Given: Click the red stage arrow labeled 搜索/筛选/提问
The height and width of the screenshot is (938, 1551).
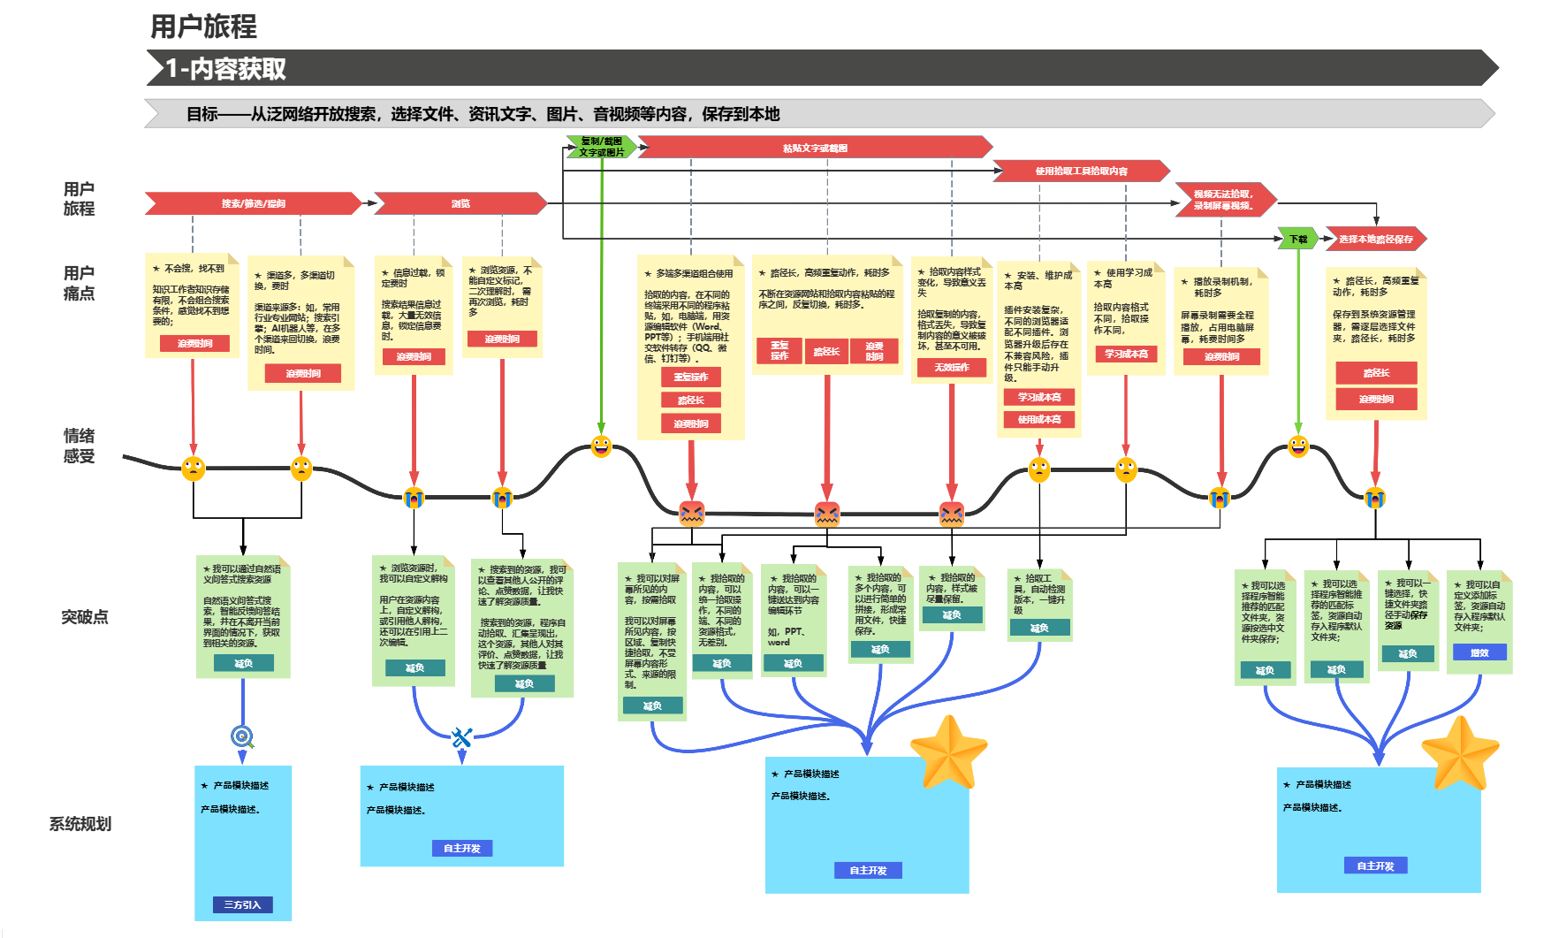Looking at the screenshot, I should pyautogui.click(x=253, y=203).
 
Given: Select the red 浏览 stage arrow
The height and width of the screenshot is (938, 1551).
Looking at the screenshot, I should pyautogui.click(x=460, y=203).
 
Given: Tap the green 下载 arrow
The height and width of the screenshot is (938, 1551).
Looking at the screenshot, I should pyautogui.click(x=1297, y=239).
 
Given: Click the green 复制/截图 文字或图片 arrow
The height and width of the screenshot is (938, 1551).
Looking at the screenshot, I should pyautogui.click(x=601, y=147).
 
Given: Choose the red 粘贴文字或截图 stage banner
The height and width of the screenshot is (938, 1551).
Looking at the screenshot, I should pyautogui.click(x=815, y=148).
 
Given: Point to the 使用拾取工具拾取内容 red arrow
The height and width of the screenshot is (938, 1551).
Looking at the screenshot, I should pyautogui.click(x=1081, y=171).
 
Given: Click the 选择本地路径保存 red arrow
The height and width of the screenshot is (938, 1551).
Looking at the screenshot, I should pyautogui.click(x=1375, y=239).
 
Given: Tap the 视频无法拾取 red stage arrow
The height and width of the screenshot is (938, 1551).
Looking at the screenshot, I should pyautogui.click(x=1223, y=200).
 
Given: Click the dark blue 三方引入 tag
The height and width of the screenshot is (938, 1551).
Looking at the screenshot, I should pyautogui.click(x=242, y=904).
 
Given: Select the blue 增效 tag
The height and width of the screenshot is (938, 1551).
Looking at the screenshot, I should pyautogui.click(x=1479, y=652).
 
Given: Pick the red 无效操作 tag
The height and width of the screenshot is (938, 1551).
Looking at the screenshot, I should pyautogui.click(x=952, y=367).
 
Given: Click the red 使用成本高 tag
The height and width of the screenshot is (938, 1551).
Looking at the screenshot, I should pyautogui.click(x=1039, y=419).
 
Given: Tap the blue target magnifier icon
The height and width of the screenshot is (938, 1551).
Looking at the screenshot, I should pyautogui.click(x=242, y=736).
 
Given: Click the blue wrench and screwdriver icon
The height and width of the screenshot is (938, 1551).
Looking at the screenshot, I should pyautogui.click(x=461, y=736).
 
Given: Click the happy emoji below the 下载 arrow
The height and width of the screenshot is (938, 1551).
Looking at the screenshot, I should pyautogui.click(x=1297, y=446).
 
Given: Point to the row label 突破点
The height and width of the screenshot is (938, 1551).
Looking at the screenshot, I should pyautogui.click(x=84, y=617).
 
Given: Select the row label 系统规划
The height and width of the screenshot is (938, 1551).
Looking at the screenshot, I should pyautogui.click(x=80, y=824).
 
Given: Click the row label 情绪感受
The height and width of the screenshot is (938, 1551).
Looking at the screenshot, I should pyautogui.click(x=79, y=446).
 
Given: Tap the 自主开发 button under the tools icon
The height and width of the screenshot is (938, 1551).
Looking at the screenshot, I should pyautogui.click(x=461, y=848).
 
